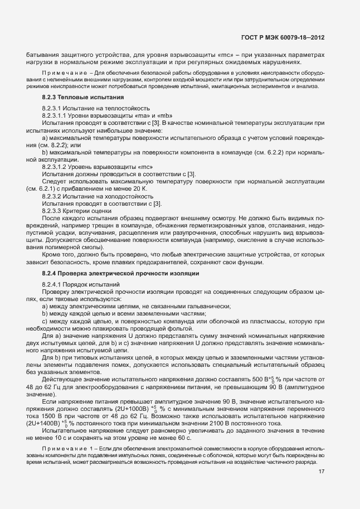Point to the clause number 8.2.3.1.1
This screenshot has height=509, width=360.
(56, 115)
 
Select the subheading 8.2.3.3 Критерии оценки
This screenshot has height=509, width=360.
(77, 210)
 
